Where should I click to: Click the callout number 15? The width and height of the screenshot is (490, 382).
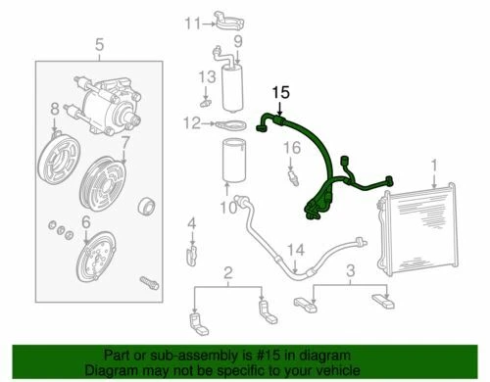[x=281, y=93]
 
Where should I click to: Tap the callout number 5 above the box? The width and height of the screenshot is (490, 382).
[x=97, y=43]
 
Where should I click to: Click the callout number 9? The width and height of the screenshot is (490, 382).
[x=235, y=41]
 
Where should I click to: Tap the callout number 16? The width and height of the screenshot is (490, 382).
[x=290, y=148]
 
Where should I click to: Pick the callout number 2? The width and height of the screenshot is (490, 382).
[x=227, y=272]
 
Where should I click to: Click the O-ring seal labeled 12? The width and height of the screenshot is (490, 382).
[x=230, y=124]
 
